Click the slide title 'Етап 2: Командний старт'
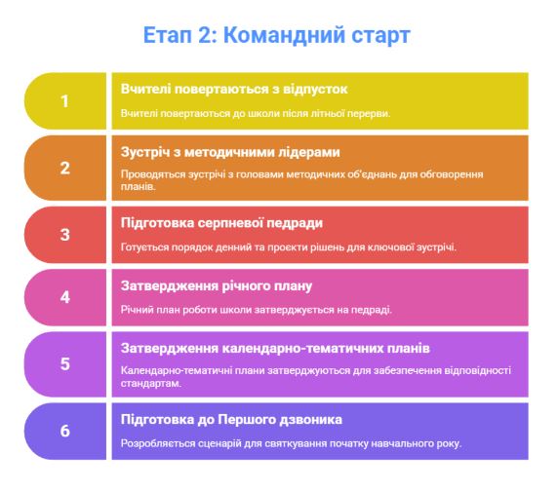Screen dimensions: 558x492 click(x=276, y=35)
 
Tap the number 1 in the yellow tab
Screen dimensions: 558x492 click(x=64, y=101)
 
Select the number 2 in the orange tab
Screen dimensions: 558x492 click(x=64, y=169)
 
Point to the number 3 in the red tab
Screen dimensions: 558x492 click(x=64, y=235)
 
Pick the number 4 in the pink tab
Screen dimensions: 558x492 click(x=64, y=297)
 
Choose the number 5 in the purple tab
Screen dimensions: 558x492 click(x=64, y=364)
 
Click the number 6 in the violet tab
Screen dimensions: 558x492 click(x=64, y=432)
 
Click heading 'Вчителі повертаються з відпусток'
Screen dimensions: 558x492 click(x=234, y=90)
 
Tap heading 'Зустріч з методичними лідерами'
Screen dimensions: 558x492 click(x=230, y=153)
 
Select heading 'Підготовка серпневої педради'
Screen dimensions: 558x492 click(x=221, y=223)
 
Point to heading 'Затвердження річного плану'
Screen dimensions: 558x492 click(x=217, y=286)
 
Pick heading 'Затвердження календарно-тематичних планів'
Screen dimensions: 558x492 click(x=275, y=349)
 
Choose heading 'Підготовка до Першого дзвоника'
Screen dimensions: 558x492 click(x=231, y=420)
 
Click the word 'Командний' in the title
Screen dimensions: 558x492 click(x=284, y=35)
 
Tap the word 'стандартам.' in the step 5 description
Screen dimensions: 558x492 click(x=151, y=384)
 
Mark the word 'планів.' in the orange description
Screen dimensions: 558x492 click(x=139, y=187)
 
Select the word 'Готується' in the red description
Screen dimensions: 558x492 click(x=144, y=247)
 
